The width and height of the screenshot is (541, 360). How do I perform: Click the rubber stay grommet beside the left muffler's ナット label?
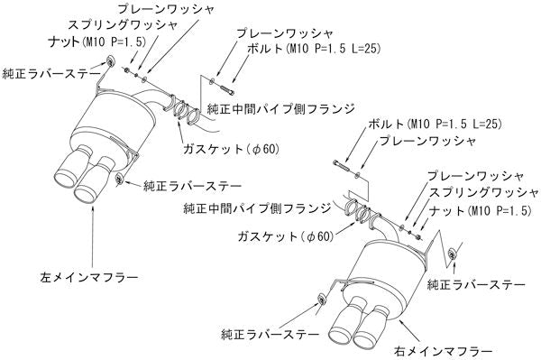(110, 61)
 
